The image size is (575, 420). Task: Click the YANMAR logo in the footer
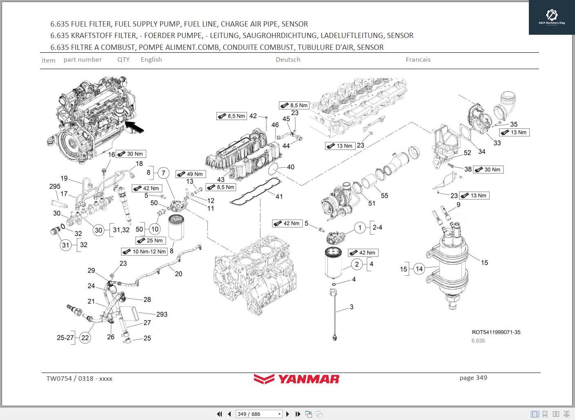(x=296, y=379)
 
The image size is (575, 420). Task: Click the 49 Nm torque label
(x=191, y=174)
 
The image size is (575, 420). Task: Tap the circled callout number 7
(x=163, y=173)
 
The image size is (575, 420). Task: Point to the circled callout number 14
(x=419, y=269)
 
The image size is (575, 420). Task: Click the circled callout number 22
(x=85, y=338)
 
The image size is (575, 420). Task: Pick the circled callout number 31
(x=66, y=245)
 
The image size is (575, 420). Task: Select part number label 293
(x=162, y=314)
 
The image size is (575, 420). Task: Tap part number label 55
(x=384, y=195)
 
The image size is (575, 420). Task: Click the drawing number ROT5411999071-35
(x=496, y=332)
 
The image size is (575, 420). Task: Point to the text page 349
(x=473, y=378)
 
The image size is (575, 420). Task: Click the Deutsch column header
(x=288, y=60)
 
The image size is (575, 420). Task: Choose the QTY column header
(x=123, y=60)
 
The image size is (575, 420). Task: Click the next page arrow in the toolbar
(x=287, y=414)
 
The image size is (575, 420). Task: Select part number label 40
(x=290, y=167)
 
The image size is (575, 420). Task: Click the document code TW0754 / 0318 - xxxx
(x=79, y=379)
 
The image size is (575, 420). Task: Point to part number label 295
(x=55, y=186)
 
